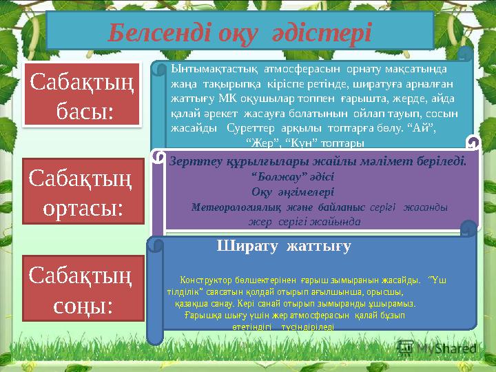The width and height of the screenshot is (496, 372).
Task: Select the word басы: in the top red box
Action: coord(83,111)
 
